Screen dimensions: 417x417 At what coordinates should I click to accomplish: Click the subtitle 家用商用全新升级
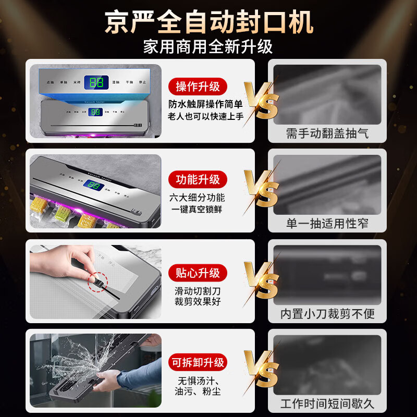[x=208, y=47]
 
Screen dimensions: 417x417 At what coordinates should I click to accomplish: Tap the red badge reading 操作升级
[x=198, y=87]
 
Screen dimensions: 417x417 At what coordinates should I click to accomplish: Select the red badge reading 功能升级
[x=198, y=180]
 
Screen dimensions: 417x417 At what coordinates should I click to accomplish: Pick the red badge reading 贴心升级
[x=198, y=272]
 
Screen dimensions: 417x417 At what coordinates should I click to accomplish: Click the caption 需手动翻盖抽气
[x=327, y=133]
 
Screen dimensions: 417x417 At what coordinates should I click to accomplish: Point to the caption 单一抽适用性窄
[x=327, y=224]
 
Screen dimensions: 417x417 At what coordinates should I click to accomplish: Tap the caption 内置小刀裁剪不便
[x=327, y=314]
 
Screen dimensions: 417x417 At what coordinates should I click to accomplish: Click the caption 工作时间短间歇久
[x=327, y=404]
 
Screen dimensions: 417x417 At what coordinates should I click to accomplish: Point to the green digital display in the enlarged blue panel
[x=96, y=82]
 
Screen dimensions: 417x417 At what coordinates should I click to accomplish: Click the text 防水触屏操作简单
[x=205, y=104]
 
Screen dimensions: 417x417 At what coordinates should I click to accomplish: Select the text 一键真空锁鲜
[x=198, y=210]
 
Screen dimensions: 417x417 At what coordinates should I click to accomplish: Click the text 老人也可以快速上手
[x=205, y=117]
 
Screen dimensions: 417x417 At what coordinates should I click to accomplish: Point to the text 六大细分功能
[x=198, y=198]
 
